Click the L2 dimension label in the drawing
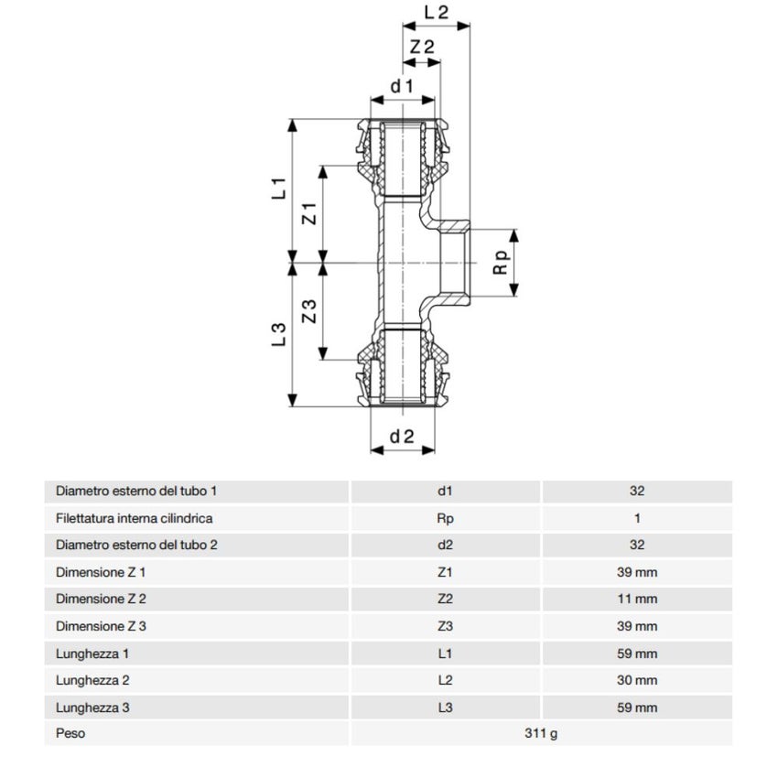pos(437,13)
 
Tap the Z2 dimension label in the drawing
pos(421,48)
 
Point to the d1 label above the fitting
pos(403,86)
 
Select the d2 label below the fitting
pos(403,437)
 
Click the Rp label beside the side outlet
pos(500,264)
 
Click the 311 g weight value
pos(541,734)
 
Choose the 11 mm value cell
pos(637,600)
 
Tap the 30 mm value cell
pos(637,680)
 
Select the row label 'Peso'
pos(70,734)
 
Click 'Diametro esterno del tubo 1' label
pos(136,491)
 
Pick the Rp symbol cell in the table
pos(445,518)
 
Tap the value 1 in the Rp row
pos(637,518)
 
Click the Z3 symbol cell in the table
pos(445,626)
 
